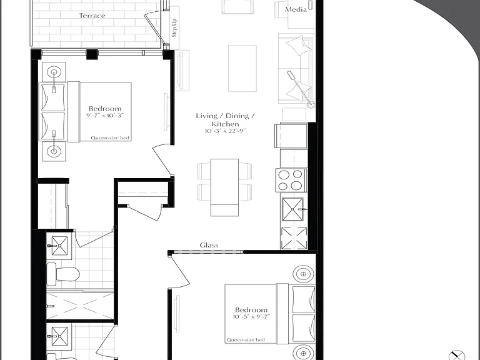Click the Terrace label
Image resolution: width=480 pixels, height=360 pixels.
click(x=92, y=16)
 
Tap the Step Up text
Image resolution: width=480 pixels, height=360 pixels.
click(x=174, y=28)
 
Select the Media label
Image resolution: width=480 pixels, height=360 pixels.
click(x=296, y=9)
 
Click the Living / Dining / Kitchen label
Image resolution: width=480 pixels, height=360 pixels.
click(x=225, y=120)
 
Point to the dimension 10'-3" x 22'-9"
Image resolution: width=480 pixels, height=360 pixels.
click(x=225, y=131)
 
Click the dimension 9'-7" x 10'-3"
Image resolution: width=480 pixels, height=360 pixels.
click(x=105, y=116)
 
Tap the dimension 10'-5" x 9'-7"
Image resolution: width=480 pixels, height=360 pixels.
click(x=251, y=317)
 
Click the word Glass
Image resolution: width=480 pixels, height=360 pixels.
click(x=209, y=245)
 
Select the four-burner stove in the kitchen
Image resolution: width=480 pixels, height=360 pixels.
click(x=291, y=180)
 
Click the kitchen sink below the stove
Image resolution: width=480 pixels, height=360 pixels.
click(x=293, y=209)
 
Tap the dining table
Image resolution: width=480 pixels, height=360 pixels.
click(x=224, y=187)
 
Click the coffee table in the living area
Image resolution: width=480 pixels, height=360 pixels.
click(x=242, y=68)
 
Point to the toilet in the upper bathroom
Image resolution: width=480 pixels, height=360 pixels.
click(x=63, y=274)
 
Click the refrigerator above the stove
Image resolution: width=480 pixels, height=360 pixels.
click(x=291, y=136)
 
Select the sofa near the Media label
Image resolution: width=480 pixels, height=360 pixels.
click(x=296, y=69)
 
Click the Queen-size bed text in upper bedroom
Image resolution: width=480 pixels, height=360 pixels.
click(x=110, y=137)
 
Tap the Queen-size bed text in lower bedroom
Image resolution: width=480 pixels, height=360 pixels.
click(x=246, y=340)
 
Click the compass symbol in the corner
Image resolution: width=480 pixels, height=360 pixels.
click(x=456, y=356)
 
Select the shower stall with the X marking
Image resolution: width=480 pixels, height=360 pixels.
click(x=79, y=306)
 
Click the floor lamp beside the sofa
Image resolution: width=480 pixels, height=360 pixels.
click(x=301, y=89)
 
